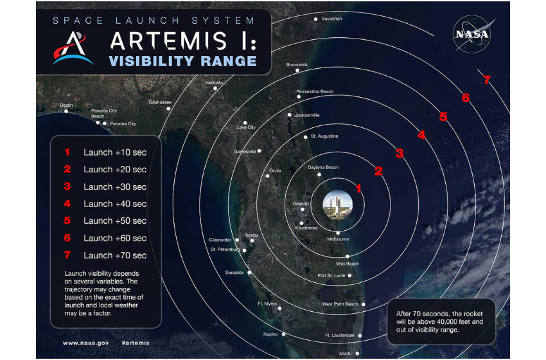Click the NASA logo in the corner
pyautogui.click(x=472, y=34)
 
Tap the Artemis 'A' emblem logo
pyautogui.click(x=73, y=48)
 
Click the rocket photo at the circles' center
pyautogui.click(x=337, y=204)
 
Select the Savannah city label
pyautogui.click(x=331, y=19)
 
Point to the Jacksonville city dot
pyautogui.click(x=289, y=114)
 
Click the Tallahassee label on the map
pyautogui.click(x=160, y=102)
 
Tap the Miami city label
pyautogui.click(x=345, y=354)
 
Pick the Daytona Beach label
pyautogui.click(x=323, y=167)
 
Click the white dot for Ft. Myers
pyautogui.click(x=279, y=309)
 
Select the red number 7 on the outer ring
pyautogui.click(x=487, y=80)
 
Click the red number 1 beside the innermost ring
pyautogui.click(x=358, y=188)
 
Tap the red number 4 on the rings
pyautogui.click(x=421, y=134)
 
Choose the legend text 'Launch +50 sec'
pyautogui.click(x=115, y=221)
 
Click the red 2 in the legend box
pyautogui.click(x=67, y=169)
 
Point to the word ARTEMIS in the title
pyautogui.click(x=168, y=40)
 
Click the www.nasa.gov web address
pyautogui.click(x=85, y=343)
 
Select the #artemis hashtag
pyautogui.click(x=136, y=343)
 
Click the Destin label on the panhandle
pyautogui.click(x=66, y=105)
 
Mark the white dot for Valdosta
pyautogui.click(x=215, y=88)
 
